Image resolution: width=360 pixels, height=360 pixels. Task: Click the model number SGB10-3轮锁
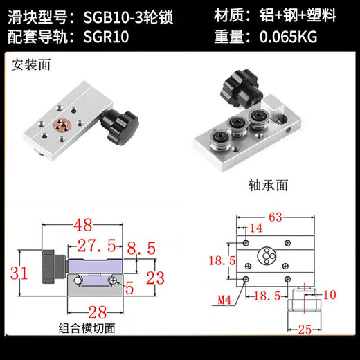pos(127,15)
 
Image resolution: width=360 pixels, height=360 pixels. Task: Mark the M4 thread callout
pos(223,300)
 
